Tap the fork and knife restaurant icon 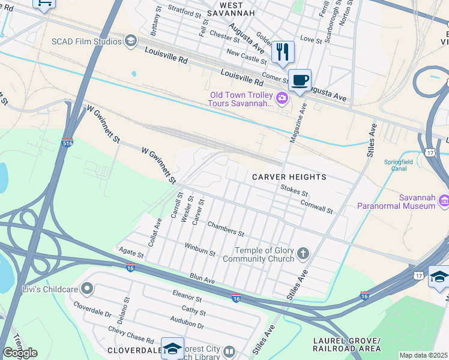[x=282, y=52]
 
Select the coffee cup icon [x=300, y=80]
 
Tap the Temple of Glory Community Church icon [x=303, y=254]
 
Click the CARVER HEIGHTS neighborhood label [x=289, y=177]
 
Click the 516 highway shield [x=67, y=143]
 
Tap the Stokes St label [x=294, y=191]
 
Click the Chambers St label [x=226, y=228]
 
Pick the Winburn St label [x=200, y=249]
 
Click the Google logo [x=20, y=353]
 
